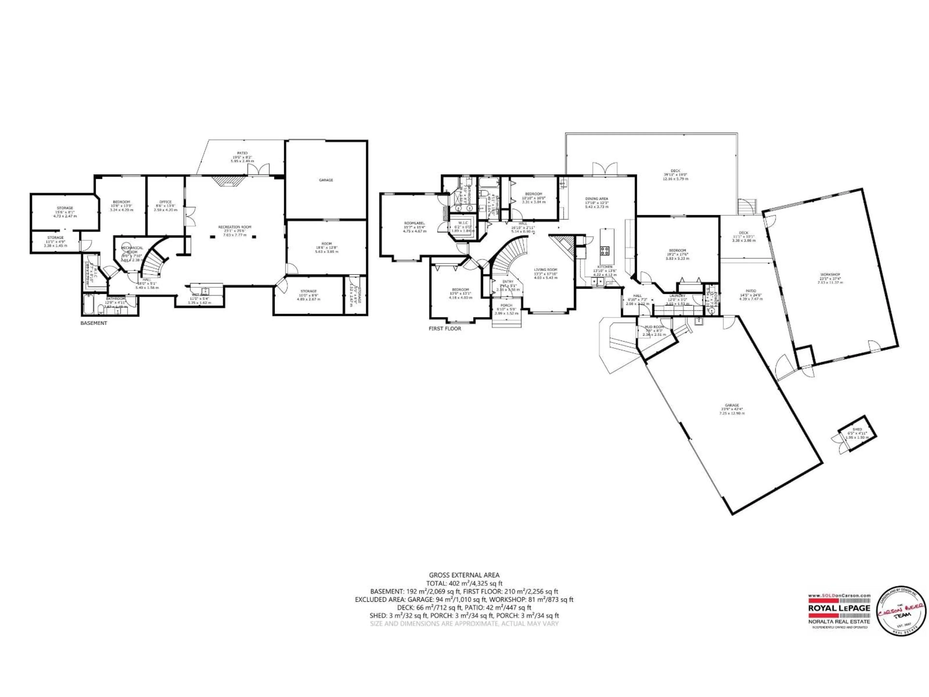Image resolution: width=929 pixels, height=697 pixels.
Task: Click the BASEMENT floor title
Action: [94, 323]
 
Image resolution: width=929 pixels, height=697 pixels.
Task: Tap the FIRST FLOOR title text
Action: [445, 329]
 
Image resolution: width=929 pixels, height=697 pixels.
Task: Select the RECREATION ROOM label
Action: [235, 227]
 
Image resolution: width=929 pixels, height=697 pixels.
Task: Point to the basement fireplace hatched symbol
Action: [228, 181]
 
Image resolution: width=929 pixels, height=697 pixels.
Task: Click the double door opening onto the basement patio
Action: [258, 170]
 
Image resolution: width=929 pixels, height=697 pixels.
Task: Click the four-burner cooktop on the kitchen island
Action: [605, 251]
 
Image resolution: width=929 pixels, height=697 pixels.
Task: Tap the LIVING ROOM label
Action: [546, 270]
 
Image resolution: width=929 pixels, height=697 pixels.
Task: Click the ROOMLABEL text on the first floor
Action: [414, 223]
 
